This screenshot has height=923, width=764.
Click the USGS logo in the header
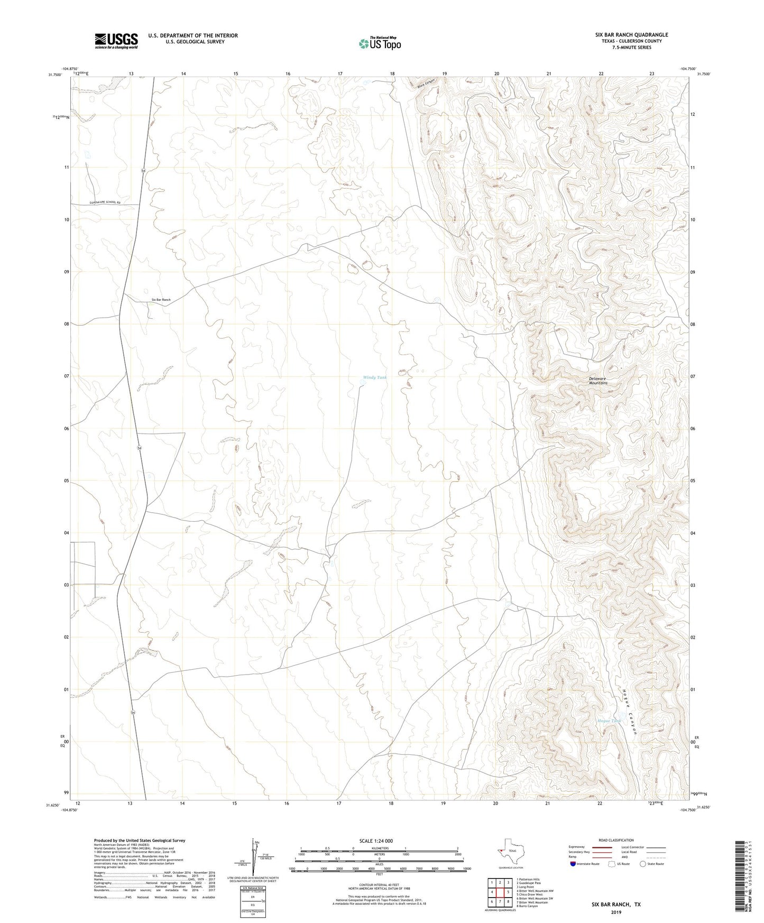tap(116, 41)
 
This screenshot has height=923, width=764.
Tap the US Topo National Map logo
tap(380, 43)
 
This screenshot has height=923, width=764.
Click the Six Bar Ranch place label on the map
tap(161, 300)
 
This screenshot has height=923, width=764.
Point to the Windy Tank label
tap(374, 377)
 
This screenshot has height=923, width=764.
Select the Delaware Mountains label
tap(597, 381)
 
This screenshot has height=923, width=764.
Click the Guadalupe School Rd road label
tap(105, 202)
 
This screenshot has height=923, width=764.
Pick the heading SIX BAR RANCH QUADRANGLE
tap(631, 35)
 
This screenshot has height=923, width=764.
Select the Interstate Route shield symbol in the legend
tap(574, 864)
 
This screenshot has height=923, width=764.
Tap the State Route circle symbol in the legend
tap(643, 864)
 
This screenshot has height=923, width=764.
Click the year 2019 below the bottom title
tap(616, 912)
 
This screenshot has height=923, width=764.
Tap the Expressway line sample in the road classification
tap(602, 847)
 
